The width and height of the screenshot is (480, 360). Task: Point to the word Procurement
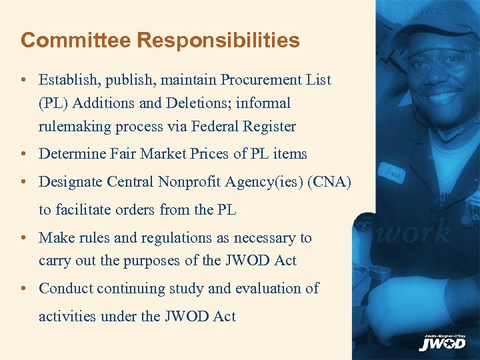pos(258,80)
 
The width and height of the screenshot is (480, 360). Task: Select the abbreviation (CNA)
pos(328,182)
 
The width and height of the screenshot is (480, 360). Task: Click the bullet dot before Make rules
pos(23,238)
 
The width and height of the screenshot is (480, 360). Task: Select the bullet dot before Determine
pos(23,153)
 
